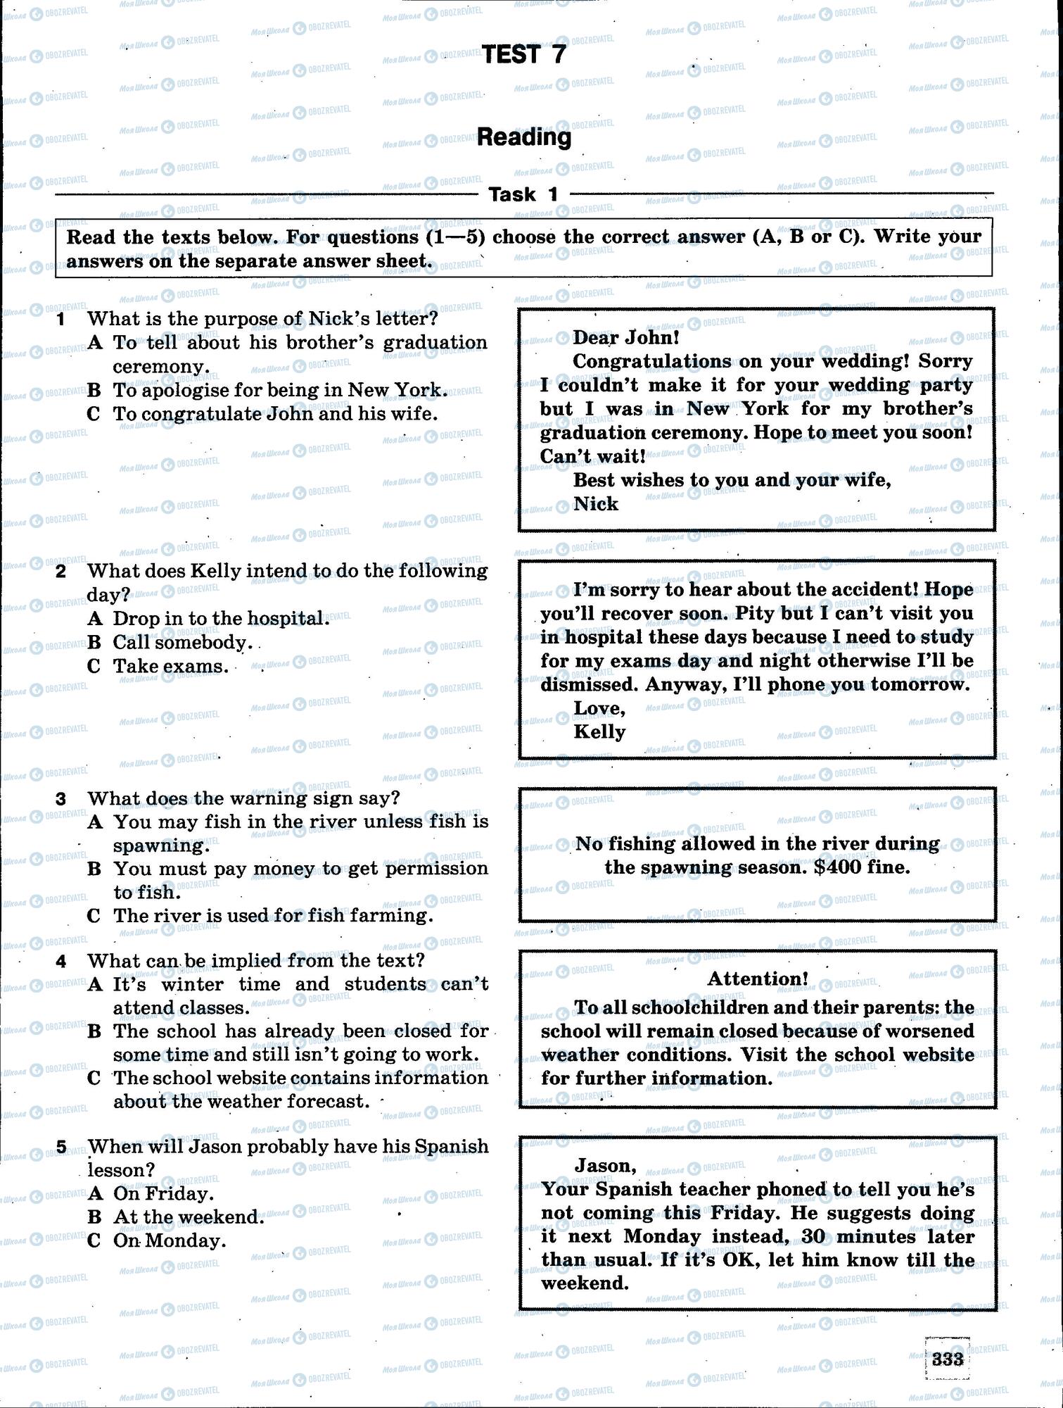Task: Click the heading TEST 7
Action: pos(524,54)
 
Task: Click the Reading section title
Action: pos(524,137)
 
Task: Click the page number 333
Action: pos(947,1359)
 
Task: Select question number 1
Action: pos(61,320)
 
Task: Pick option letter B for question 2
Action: pos(94,642)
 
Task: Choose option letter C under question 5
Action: pos(94,1240)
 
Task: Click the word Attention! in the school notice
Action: pos(758,979)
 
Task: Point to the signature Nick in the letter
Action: pos(596,503)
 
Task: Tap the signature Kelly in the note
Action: pos(599,731)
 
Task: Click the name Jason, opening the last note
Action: pos(606,1165)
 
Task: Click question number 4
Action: pos(61,961)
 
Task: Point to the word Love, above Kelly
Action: pos(599,708)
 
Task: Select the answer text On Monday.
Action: pos(170,1240)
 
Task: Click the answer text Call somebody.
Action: pos(182,642)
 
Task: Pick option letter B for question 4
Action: pos(94,1031)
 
